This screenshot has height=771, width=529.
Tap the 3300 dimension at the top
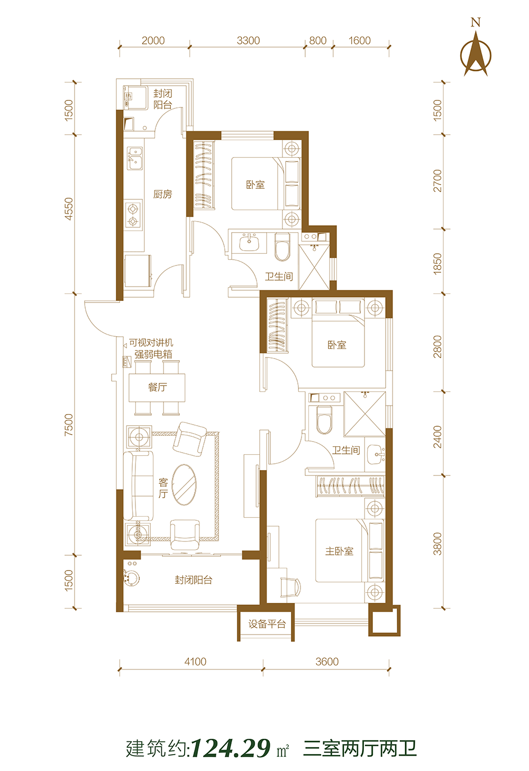click(x=248, y=41)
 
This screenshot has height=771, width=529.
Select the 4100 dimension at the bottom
click(x=195, y=662)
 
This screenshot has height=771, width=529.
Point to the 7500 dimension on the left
click(x=69, y=425)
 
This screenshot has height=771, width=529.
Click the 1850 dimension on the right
click(x=437, y=263)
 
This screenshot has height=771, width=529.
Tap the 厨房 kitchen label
click(x=162, y=195)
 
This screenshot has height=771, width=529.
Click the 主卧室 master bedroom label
click(x=339, y=551)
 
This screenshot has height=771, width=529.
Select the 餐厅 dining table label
click(x=158, y=387)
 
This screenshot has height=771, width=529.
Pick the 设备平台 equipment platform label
click(x=267, y=623)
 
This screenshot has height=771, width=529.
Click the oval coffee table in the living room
click(x=184, y=484)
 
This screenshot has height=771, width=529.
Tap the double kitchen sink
click(x=135, y=158)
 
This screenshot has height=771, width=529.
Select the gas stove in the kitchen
click(x=134, y=215)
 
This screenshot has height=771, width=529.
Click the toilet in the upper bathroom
click(x=282, y=247)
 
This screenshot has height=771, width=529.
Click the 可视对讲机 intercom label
click(x=151, y=343)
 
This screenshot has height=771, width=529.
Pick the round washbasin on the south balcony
click(x=132, y=579)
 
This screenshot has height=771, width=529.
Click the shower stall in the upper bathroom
click(x=314, y=267)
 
